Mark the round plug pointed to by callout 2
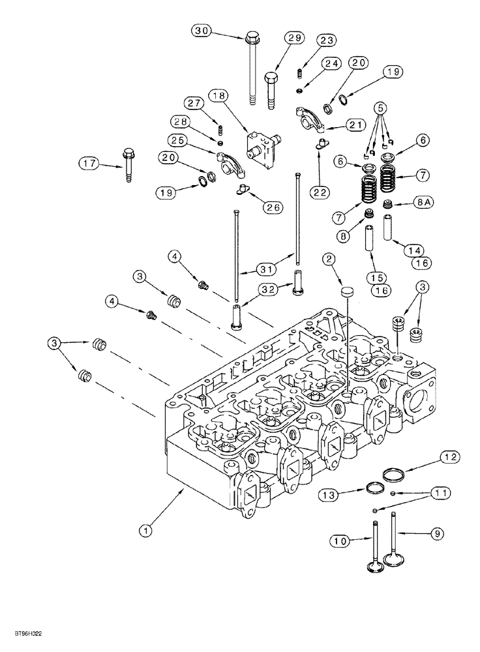coord(347,291)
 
